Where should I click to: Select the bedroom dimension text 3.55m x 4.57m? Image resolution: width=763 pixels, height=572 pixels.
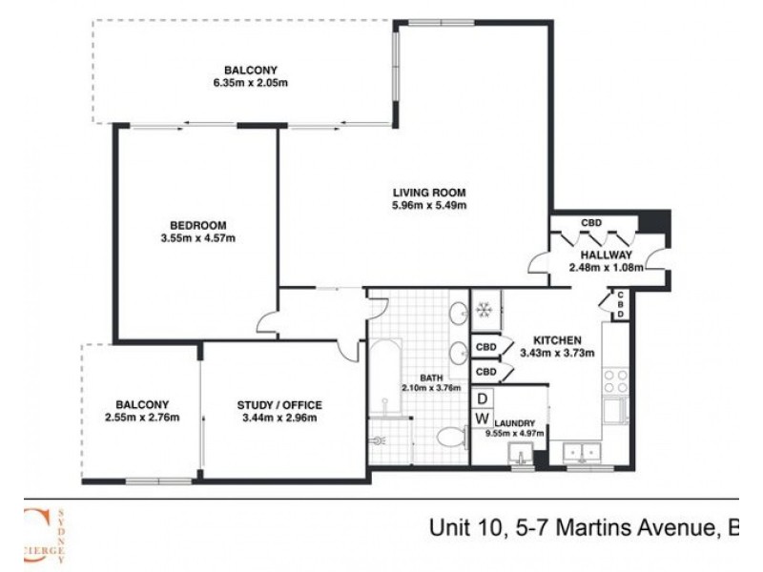(197, 238)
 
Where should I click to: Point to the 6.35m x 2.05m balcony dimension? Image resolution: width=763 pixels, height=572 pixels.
(251, 84)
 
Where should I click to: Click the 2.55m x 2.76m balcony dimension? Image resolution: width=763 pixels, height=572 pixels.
(142, 417)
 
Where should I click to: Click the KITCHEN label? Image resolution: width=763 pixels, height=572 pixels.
(558, 339)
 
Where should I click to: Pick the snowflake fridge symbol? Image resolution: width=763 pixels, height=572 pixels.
(483, 310)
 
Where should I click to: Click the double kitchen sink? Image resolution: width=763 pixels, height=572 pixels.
(581, 450)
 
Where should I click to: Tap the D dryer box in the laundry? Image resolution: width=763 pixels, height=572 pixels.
(483, 398)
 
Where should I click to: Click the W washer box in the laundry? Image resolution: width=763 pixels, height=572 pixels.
(483, 419)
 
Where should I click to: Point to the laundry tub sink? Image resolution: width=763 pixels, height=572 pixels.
(522, 450)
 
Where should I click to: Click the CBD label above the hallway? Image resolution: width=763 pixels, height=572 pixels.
(591, 223)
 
